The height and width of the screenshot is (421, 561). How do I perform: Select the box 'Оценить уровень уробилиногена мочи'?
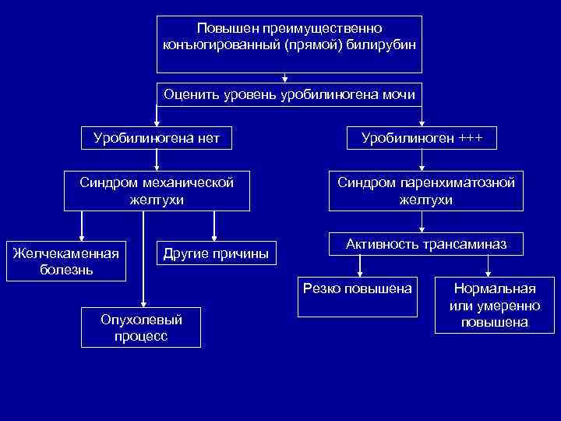[288, 95]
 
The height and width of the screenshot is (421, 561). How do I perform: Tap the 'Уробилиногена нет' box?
[157, 139]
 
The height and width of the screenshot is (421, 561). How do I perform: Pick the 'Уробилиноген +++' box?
[422, 139]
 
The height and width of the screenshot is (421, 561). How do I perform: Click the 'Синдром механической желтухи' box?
[157, 191]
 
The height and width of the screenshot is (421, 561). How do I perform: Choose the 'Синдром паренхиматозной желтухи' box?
[426, 191]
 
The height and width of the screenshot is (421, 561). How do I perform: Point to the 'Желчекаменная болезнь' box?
[65, 261]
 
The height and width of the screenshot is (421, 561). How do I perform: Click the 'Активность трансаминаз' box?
[426, 245]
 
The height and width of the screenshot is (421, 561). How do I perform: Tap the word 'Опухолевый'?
[142, 320]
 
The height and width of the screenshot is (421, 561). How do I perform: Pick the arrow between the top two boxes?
[286, 76]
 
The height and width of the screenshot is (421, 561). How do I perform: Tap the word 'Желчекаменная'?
[65, 253]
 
